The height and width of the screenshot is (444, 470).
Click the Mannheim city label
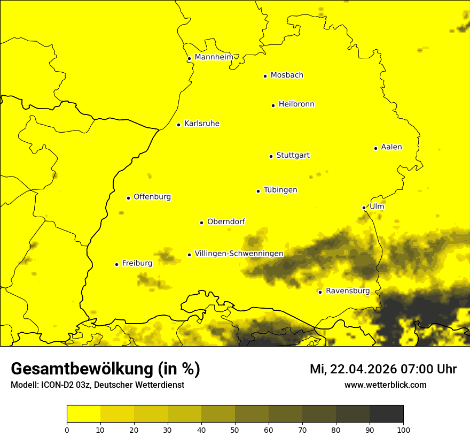214,57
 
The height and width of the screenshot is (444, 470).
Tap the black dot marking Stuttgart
271,156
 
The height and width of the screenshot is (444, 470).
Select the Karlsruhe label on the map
202,124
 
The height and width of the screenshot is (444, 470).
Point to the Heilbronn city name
296,104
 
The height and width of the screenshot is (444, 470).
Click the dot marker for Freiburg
116,264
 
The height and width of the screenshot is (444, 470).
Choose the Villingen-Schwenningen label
239,254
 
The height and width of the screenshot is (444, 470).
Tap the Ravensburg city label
348,291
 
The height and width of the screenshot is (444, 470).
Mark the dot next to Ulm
364,208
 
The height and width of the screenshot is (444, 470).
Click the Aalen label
391,147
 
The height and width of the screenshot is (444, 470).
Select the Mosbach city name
287,75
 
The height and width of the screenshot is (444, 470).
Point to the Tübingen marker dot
258,191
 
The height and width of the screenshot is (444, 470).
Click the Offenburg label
152,197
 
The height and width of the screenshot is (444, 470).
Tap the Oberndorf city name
226,221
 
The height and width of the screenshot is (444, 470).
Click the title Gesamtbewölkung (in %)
105,369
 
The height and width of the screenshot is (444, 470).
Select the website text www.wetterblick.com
385,385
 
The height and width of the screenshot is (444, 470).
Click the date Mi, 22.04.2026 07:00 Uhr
383,369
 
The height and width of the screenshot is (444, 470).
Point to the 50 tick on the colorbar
235,430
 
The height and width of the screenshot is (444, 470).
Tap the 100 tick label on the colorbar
403,430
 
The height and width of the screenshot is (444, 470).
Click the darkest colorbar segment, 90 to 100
386,414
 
